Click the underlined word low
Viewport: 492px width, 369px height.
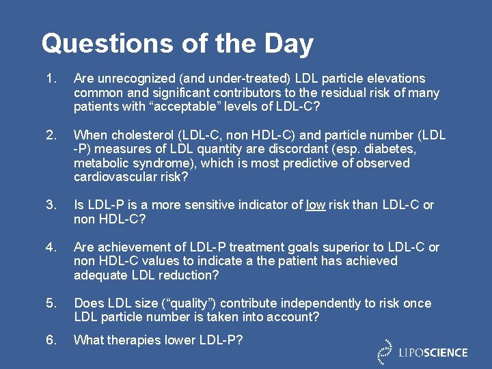click(x=315, y=205)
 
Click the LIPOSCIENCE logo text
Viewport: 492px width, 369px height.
click(x=433, y=353)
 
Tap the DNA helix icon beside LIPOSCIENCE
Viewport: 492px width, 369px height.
click(x=385, y=351)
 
